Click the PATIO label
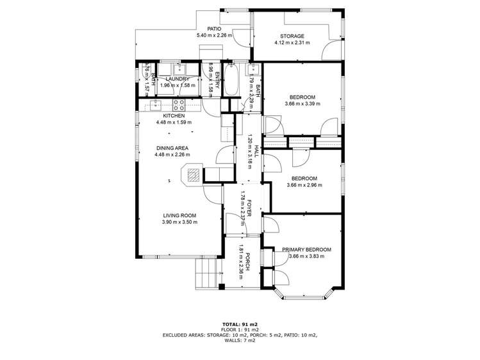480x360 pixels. tap(213, 29)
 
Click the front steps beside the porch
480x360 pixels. tap(206, 274)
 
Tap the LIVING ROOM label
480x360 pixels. tap(179, 215)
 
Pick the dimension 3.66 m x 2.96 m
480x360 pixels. tap(304, 185)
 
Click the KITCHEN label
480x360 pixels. tap(174, 116)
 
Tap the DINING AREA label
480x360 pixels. tap(172, 147)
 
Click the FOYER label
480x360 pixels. tap(250, 206)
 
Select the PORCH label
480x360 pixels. tap(248, 261)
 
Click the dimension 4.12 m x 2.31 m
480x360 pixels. tap(292, 43)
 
